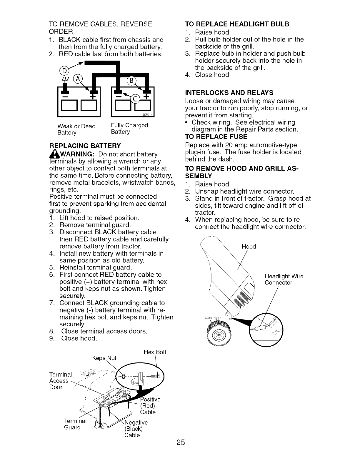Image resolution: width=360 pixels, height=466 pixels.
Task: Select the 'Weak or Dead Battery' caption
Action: coord(76,129)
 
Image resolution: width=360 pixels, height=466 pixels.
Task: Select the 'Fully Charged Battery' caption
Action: coord(129,129)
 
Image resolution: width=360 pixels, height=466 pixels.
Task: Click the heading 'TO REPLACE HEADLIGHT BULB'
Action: coord(237,24)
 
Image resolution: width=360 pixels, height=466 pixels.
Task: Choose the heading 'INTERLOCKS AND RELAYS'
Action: coord(229,93)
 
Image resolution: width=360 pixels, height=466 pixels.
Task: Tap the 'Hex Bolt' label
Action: coord(155,352)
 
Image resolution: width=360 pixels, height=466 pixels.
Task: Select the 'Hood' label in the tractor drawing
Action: coord(249,247)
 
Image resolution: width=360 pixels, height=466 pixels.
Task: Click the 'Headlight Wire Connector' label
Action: coord(284,279)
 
